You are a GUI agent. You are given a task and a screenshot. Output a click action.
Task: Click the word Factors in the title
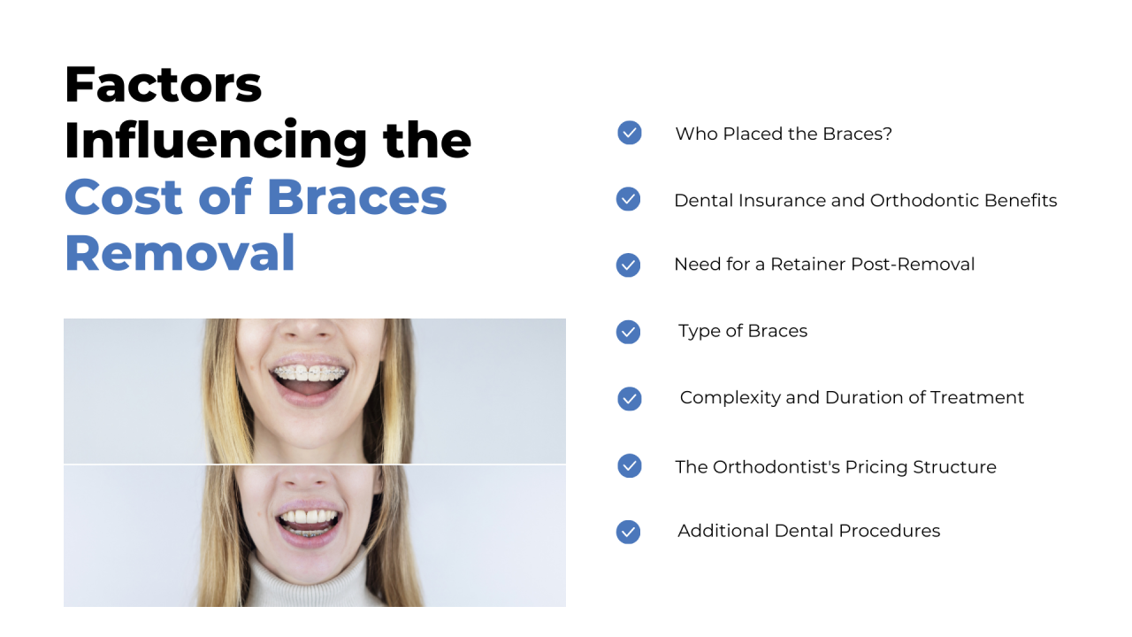coord(163,84)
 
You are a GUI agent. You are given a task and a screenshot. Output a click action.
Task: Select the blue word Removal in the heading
coord(180,253)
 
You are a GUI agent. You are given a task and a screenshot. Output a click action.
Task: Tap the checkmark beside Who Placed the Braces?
coord(629,133)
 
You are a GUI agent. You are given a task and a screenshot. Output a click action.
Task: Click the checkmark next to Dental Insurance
coord(628,199)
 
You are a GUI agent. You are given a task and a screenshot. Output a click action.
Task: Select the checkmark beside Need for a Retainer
coord(628,265)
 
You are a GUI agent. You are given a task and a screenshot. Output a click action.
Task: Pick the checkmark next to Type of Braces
coord(628,332)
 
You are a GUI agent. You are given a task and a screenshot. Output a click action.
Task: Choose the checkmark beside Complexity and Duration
coord(629,398)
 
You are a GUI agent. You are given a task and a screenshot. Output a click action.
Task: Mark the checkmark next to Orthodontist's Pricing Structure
coord(629,465)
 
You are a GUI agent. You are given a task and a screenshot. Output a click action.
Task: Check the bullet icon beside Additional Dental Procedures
coord(628,532)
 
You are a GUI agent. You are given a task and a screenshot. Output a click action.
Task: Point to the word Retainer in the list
coord(807,265)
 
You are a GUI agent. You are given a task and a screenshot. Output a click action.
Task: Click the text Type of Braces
coord(743,331)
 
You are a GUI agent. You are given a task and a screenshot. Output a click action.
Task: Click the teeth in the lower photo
coord(309,518)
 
